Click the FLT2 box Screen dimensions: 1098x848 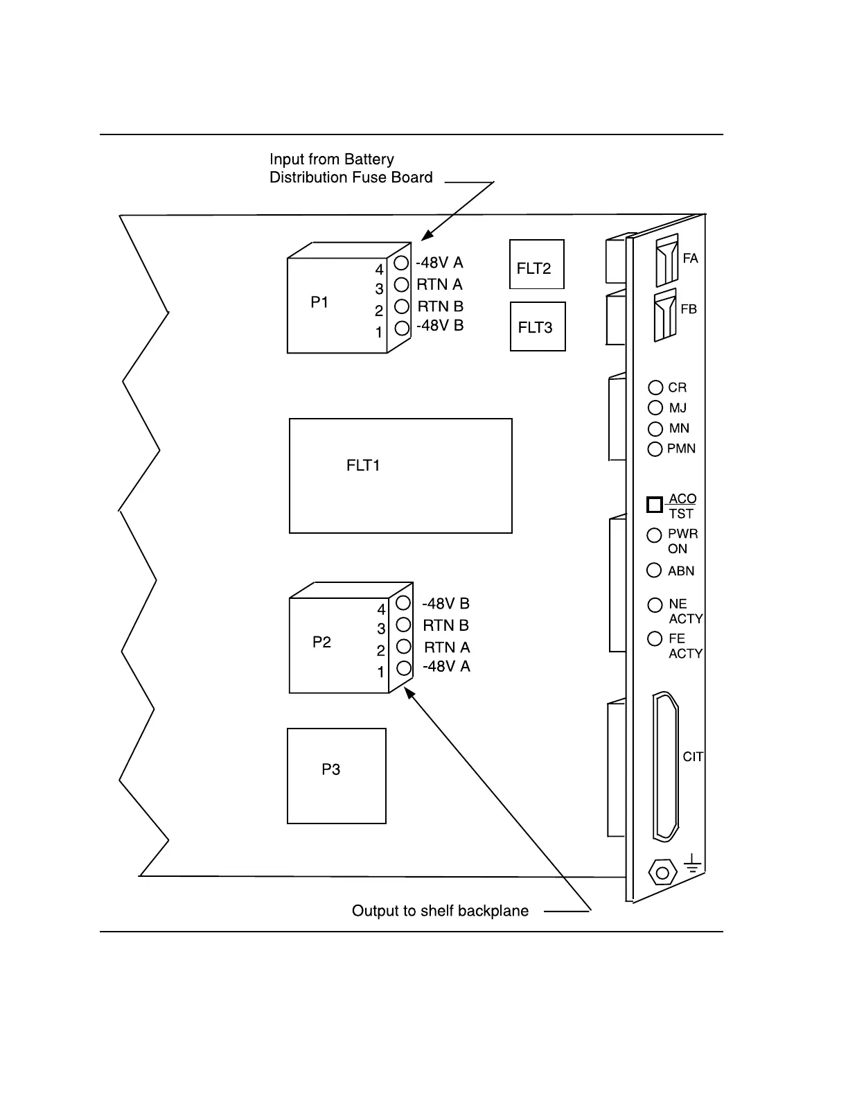pos(536,264)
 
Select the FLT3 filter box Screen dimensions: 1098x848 pos(538,326)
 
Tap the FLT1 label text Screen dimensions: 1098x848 pos(363,466)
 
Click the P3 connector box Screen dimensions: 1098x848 pos(336,776)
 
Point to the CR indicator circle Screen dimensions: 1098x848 pos(655,387)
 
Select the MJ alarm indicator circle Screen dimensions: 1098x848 pos(655,408)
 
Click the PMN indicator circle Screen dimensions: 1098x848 pos(655,449)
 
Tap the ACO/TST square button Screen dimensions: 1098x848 pos(655,505)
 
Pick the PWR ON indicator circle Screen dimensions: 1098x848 pos(654,535)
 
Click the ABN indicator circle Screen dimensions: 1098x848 pos(654,570)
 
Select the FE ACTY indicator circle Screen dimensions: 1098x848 pos(655,638)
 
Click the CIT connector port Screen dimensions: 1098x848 pos(665,766)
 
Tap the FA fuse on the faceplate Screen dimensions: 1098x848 pos(666,261)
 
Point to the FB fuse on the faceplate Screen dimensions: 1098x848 pos(665,316)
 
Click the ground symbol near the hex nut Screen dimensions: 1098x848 pos(692,864)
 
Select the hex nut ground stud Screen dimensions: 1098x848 pos(662,872)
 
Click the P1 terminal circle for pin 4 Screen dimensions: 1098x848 pos(401,263)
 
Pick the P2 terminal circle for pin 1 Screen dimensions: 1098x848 pos(404,668)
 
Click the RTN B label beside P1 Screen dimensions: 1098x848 pos(440,306)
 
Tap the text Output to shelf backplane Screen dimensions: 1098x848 pos(440,911)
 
